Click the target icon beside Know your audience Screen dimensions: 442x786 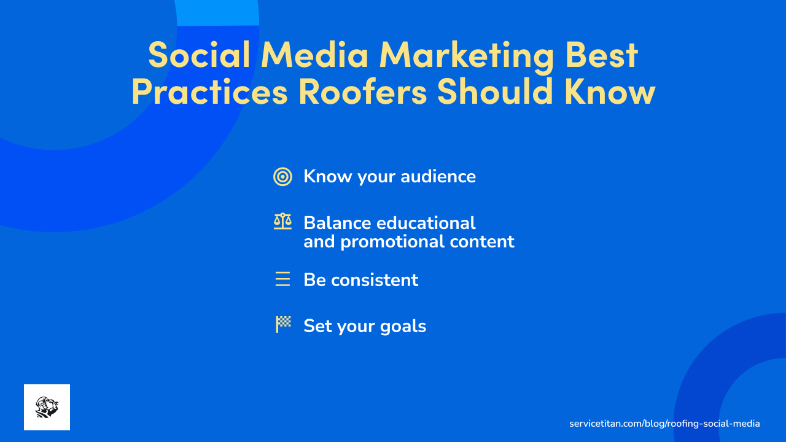[x=282, y=177]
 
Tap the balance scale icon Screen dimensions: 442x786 [x=282, y=222]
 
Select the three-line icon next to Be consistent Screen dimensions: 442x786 [x=282, y=280]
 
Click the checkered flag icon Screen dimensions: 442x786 [x=282, y=324]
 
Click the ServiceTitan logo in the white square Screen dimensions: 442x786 [x=47, y=407]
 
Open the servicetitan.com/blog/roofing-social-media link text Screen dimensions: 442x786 [x=664, y=424]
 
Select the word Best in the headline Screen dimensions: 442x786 [x=602, y=55]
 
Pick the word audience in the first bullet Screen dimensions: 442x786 [x=438, y=177]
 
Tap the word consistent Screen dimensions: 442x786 [x=375, y=280]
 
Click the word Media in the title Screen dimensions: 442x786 [x=314, y=55]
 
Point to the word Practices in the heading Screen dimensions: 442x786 [x=209, y=92]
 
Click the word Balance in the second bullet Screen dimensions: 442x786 [x=337, y=222]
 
